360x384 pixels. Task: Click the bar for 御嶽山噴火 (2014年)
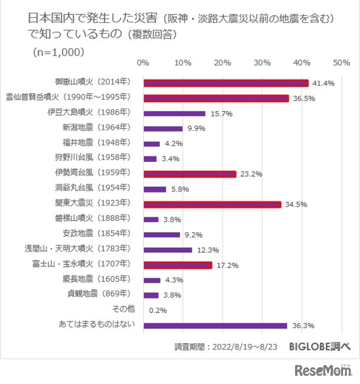pyautogui.click(x=225, y=83)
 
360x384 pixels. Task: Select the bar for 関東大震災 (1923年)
pyautogui.click(x=212, y=204)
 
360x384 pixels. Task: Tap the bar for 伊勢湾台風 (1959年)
pyautogui.click(x=189, y=174)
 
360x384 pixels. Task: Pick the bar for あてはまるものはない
pyautogui.click(x=215, y=326)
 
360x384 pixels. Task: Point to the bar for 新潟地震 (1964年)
pyautogui.click(x=163, y=128)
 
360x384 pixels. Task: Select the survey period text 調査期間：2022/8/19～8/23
pyautogui.click(x=227, y=347)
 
